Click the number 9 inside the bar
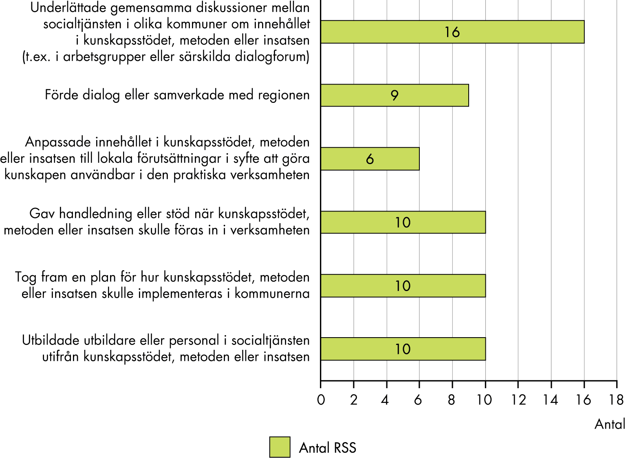click(395, 96)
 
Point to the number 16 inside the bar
click(452, 32)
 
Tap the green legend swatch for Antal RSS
click(280, 447)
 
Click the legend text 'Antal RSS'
click(328, 448)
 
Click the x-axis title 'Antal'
click(610, 424)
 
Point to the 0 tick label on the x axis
click(321, 400)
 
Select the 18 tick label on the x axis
click(616, 400)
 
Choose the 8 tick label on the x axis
click(452, 400)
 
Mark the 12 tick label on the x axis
click(518, 400)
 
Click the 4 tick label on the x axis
click(385, 400)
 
